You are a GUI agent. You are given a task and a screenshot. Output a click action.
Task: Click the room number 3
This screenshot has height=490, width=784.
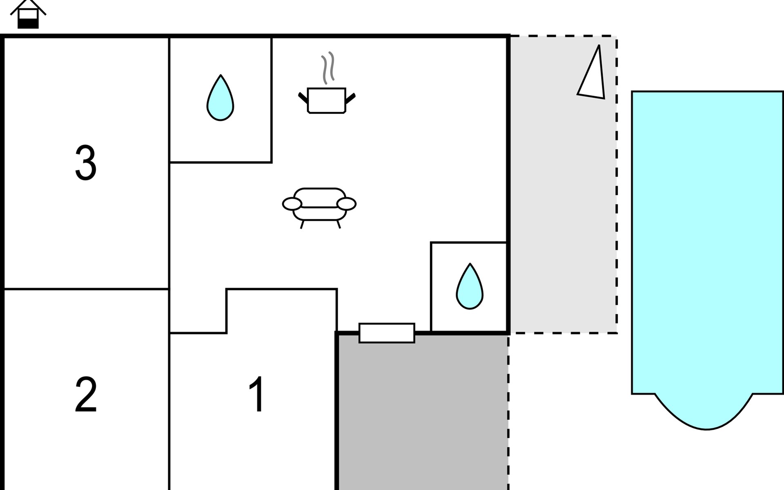coord(86,163)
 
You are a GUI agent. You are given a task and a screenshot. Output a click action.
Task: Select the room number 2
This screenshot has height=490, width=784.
coord(86,394)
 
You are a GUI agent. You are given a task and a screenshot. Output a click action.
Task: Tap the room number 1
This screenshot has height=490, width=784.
coord(257,394)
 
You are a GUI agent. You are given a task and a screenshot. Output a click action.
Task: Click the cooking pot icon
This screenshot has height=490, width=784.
coord(326,100)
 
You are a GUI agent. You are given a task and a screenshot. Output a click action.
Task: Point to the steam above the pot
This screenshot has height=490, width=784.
coord(328,68)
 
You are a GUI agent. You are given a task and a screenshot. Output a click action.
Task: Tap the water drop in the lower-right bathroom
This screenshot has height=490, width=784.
coord(470,288)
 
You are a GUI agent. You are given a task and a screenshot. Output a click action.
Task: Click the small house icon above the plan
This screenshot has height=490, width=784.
coord(28,14)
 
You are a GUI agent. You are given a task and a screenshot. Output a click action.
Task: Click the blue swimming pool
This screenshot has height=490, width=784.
coord(707,241)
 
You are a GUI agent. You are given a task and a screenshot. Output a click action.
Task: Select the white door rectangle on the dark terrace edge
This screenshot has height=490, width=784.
coord(387,333)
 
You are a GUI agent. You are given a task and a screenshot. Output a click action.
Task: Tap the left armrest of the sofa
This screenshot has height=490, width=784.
coord(292,203)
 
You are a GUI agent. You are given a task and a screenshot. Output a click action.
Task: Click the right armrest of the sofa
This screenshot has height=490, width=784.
coord(347,203)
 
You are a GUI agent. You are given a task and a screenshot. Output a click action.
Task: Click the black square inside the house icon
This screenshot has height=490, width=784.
coord(28,24)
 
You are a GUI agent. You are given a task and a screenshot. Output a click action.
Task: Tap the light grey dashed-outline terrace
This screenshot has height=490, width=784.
coord(563,204)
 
